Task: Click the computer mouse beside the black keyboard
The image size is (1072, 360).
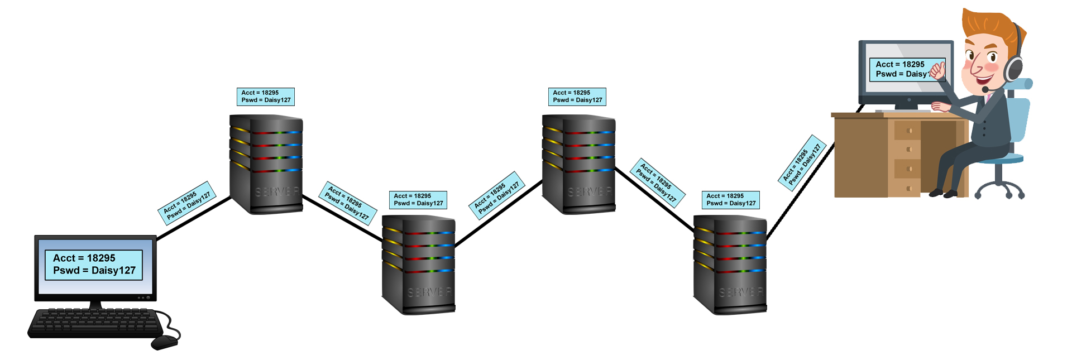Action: coord(164,342)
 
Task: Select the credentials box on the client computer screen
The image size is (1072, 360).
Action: coord(93,265)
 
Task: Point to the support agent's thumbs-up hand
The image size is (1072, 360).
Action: coord(937,71)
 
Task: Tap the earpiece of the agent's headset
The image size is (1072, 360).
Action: coord(1014,69)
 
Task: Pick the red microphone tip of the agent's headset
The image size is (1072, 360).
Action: coord(984,89)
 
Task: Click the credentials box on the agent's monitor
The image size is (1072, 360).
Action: coord(900,70)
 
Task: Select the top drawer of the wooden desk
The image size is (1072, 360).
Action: coord(908,131)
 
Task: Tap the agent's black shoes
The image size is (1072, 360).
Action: coord(944,193)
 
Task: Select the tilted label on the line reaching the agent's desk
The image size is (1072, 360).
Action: coord(802,162)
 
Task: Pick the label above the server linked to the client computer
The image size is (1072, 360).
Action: coord(265,97)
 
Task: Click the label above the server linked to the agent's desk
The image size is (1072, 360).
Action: coord(730,200)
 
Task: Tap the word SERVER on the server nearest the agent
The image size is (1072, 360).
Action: coord(740,292)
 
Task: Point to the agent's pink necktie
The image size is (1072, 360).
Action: coord(988,99)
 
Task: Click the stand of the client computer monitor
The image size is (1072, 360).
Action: coord(95,305)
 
